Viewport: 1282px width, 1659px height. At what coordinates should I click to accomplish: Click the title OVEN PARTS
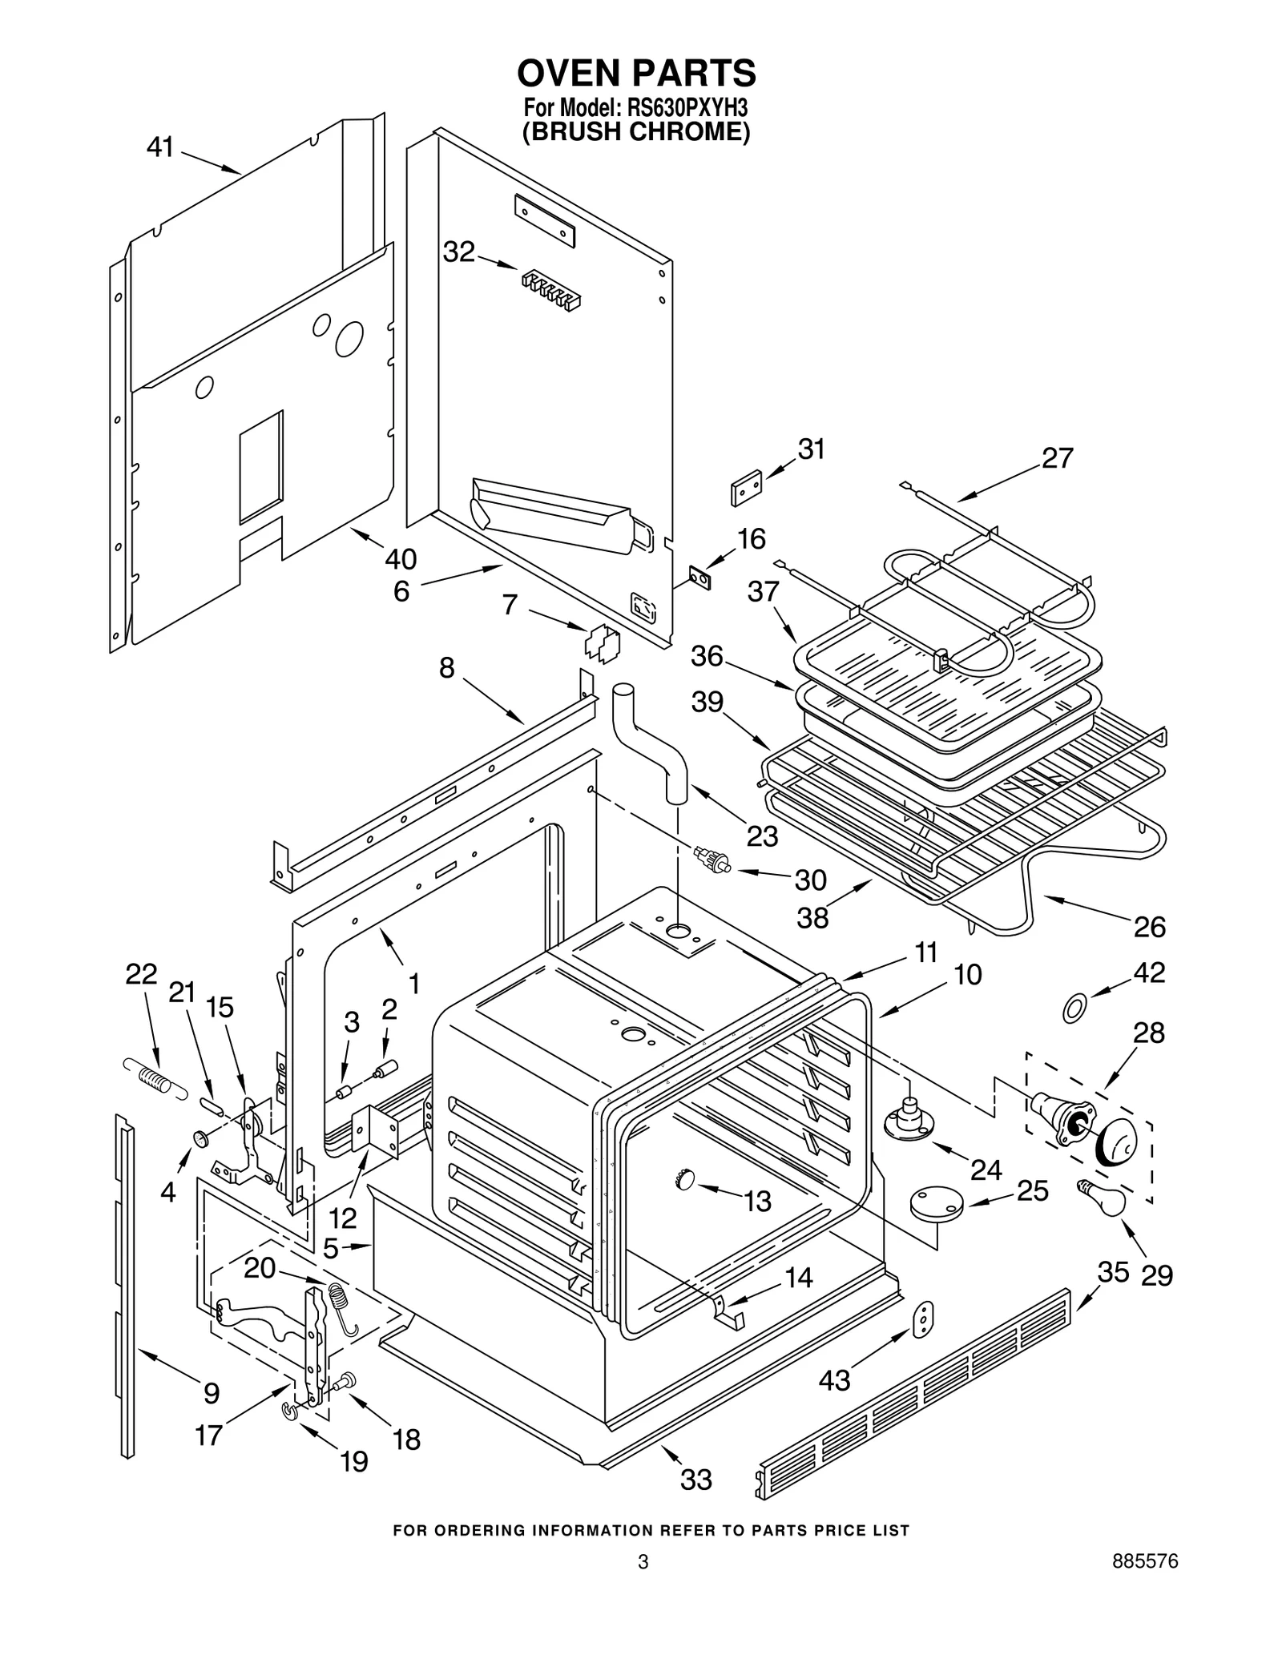click(636, 73)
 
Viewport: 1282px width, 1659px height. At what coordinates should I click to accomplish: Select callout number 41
click(160, 147)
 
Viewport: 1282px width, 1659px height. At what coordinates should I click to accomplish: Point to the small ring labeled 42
click(1074, 1009)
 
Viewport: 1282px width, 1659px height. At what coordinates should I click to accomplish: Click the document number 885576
click(1144, 1584)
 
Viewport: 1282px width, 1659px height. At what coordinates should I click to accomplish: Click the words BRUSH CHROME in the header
click(636, 131)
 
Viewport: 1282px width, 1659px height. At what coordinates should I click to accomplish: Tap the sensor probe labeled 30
click(712, 859)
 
